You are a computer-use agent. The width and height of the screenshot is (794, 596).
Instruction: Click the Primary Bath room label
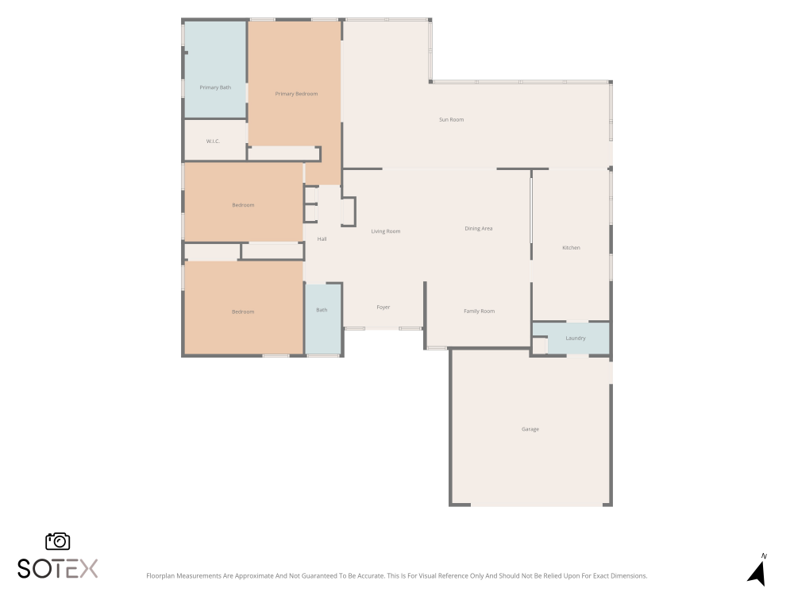(x=215, y=87)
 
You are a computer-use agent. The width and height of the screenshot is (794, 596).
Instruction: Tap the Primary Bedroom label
(x=296, y=94)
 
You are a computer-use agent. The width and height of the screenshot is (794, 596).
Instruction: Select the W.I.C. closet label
(x=213, y=141)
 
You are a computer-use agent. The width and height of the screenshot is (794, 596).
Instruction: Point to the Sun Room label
(x=451, y=120)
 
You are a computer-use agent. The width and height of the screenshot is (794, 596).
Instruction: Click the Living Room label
(x=386, y=231)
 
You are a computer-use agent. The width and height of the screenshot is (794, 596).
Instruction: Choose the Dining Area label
(x=479, y=229)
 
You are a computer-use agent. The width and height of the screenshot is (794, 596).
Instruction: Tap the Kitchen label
(x=571, y=248)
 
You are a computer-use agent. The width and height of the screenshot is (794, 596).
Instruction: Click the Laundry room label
(x=575, y=338)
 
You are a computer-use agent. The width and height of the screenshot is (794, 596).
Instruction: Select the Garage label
(x=530, y=429)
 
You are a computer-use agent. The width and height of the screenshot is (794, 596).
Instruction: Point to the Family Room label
(x=479, y=312)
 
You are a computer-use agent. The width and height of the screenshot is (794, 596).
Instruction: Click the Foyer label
(x=384, y=307)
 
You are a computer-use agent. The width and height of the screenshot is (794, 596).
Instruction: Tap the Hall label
(x=322, y=239)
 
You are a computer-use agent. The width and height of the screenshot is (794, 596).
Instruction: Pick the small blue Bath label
(x=322, y=310)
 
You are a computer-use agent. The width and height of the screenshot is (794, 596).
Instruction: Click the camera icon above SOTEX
(x=58, y=541)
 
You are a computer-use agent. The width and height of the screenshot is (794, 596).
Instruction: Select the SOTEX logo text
(x=58, y=569)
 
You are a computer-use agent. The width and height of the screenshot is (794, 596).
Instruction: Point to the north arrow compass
(x=757, y=574)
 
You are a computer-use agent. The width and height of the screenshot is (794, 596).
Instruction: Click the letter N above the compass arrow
(x=764, y=556)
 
